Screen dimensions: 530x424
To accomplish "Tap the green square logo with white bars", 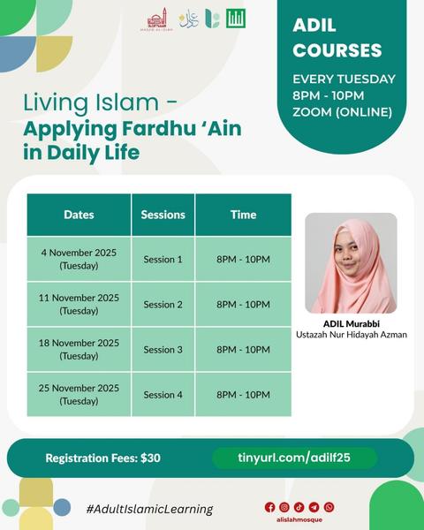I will [x=236, y=18].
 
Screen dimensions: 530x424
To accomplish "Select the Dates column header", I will [x=79, y=215].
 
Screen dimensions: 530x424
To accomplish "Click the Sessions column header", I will [x=163, y=215].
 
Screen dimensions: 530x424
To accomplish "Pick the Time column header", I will [x=243, y=215].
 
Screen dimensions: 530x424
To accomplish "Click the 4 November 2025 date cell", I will [x=79, y=259].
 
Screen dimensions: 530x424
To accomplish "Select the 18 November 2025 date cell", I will [x=79, y=349].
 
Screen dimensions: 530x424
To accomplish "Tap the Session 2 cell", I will [x=163, y=304].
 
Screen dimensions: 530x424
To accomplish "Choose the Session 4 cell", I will [x=163, y=395].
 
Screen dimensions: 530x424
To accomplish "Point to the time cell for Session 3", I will [x=243, y=349].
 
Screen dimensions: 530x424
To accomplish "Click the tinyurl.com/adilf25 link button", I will [x=294, y=458].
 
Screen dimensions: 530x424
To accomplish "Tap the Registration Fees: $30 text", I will [x=102, y=458].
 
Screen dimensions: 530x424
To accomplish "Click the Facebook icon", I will [x=270, y=507].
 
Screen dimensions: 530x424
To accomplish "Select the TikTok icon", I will [x=299, y=507].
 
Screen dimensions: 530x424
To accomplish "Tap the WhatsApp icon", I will [x=329, y=507].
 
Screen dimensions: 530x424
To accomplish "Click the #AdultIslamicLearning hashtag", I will [x=149, y=509].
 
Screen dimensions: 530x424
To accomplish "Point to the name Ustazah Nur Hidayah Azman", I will [x=351, y=335].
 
